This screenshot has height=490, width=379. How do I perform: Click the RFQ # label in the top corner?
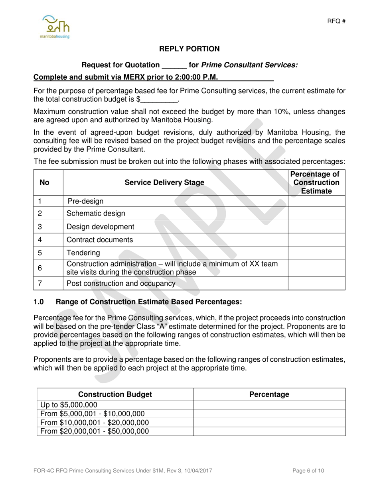click(336, 21)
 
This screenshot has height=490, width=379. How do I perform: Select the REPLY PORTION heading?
click(189, 49)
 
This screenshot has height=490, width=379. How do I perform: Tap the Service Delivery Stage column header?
click(164, 182)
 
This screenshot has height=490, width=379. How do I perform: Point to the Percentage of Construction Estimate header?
click(316, 182)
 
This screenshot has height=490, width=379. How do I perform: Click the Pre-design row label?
click(85, 201)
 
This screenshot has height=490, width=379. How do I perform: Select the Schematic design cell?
click(96, 214)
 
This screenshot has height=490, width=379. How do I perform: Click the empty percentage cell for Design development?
click(316, 227)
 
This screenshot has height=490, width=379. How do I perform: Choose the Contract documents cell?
click(100, 240)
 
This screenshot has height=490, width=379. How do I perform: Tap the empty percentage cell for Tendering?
click(316, 253)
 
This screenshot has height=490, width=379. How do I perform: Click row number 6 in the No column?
click(40, 268)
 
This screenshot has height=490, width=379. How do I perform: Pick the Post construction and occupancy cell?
click(121, 284)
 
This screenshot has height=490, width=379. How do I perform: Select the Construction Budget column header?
click(115, 394)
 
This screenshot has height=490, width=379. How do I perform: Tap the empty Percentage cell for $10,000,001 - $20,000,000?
click(269, 422)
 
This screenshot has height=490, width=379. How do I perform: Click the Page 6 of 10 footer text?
click(308, 471)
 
